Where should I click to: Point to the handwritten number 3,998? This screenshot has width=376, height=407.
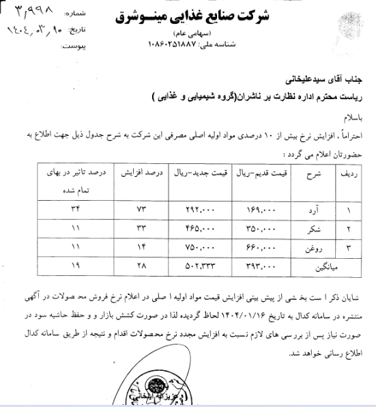(x=23, y=12)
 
